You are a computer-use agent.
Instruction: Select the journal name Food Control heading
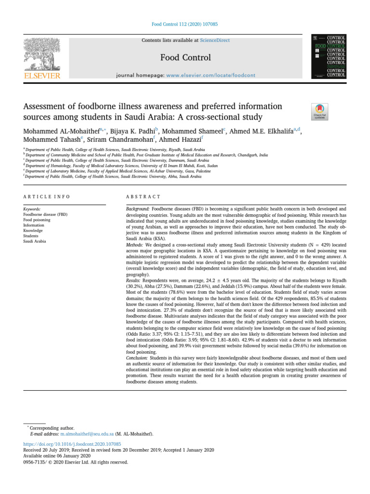pos(185,57)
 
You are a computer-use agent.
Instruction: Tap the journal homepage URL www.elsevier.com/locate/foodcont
pos(211,75)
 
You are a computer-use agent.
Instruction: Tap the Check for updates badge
pos(320,111)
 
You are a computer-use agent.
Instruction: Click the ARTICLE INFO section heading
pos(46,197)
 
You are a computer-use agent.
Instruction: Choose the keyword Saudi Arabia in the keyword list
pos(35,241)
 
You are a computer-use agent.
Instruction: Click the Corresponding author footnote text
pos(52,428)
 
